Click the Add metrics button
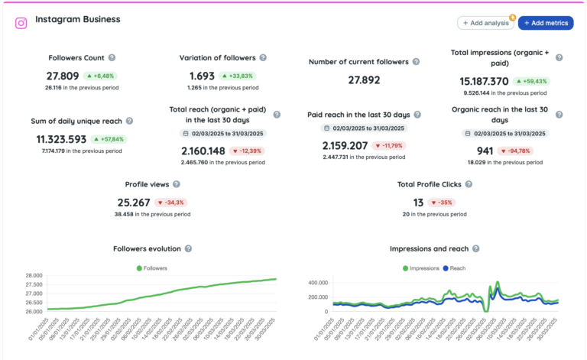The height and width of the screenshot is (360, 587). click(546, 23)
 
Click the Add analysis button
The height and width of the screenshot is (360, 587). click(485, 23)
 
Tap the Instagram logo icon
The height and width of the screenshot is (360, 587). click(21, 23)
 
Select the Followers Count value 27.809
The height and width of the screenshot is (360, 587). click(63, 76)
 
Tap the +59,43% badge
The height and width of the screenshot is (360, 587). click(531, 81)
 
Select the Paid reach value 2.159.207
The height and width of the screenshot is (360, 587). click(345, 145)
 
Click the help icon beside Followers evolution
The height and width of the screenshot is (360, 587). click(188, 249)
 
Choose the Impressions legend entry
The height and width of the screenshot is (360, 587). click(422, 268)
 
